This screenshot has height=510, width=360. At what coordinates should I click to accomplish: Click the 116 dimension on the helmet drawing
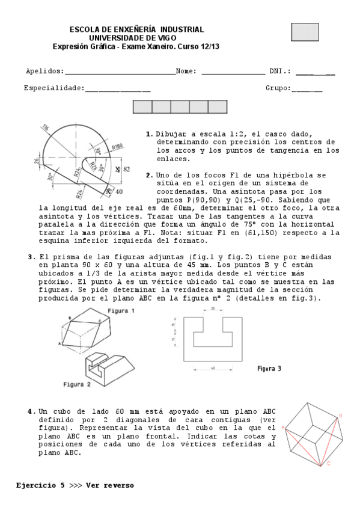pos(46,127)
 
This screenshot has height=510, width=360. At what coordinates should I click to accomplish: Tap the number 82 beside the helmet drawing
pos(127,170)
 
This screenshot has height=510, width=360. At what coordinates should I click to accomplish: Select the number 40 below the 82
pos(119,191)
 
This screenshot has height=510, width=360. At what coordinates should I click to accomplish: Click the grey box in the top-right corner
pos(305,32)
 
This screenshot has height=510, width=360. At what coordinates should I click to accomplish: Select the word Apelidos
pos(43,71)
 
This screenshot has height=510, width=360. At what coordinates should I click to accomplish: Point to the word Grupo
pos(277,88)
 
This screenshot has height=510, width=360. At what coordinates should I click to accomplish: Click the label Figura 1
pos(121,311)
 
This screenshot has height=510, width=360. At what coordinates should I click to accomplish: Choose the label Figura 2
pos(78,383)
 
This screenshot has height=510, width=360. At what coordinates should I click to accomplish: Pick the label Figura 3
pos(269,368)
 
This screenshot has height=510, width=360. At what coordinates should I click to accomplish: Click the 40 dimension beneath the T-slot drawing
pos(212,367)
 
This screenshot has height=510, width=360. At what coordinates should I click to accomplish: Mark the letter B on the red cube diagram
pos(340,415)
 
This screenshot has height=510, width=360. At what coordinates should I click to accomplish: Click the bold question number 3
pos(31,257)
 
